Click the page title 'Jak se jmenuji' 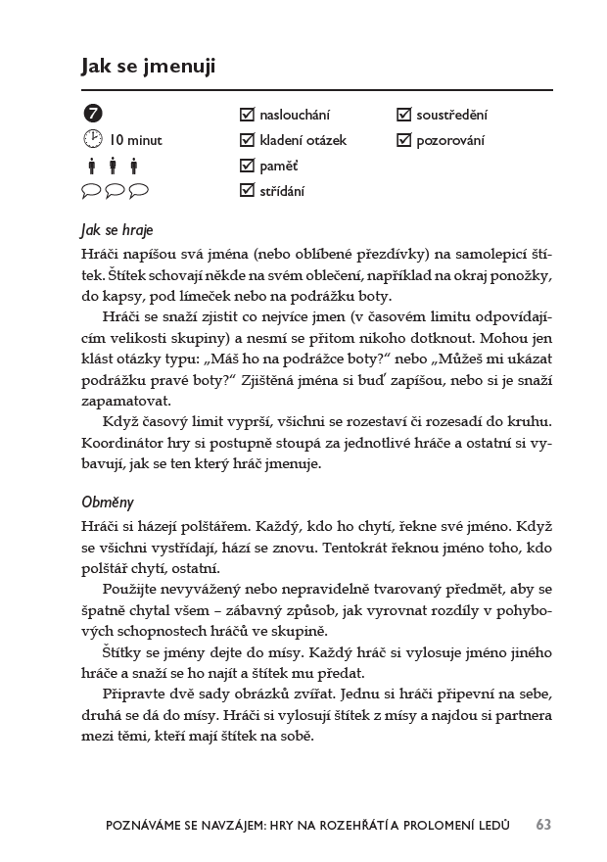pyautogui.click(x=148, y=66)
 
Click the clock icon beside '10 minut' pyautogui.click(x=93, y=139)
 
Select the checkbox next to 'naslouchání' pyautogui.click(x=247, y=115)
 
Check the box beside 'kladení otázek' pyautogui.click(x=247, y=140)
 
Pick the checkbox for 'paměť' pyautogui.click(x=247, y=165)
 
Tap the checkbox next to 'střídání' pyautogui.click(x=247, y=190)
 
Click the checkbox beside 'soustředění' pyautogui.click(x=403, y=115)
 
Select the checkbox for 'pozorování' pyautogui.click(x=403, y=140)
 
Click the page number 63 pyautogui.click(x=543, y=825)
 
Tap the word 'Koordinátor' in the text pyautogui.click(x=121, y=443)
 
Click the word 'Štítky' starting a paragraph pyautogui.click(x=120, y=652)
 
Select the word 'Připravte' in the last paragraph pyautogui.click(x=132, y=694)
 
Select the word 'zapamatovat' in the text pyautogui.click(x=124, y=401)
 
